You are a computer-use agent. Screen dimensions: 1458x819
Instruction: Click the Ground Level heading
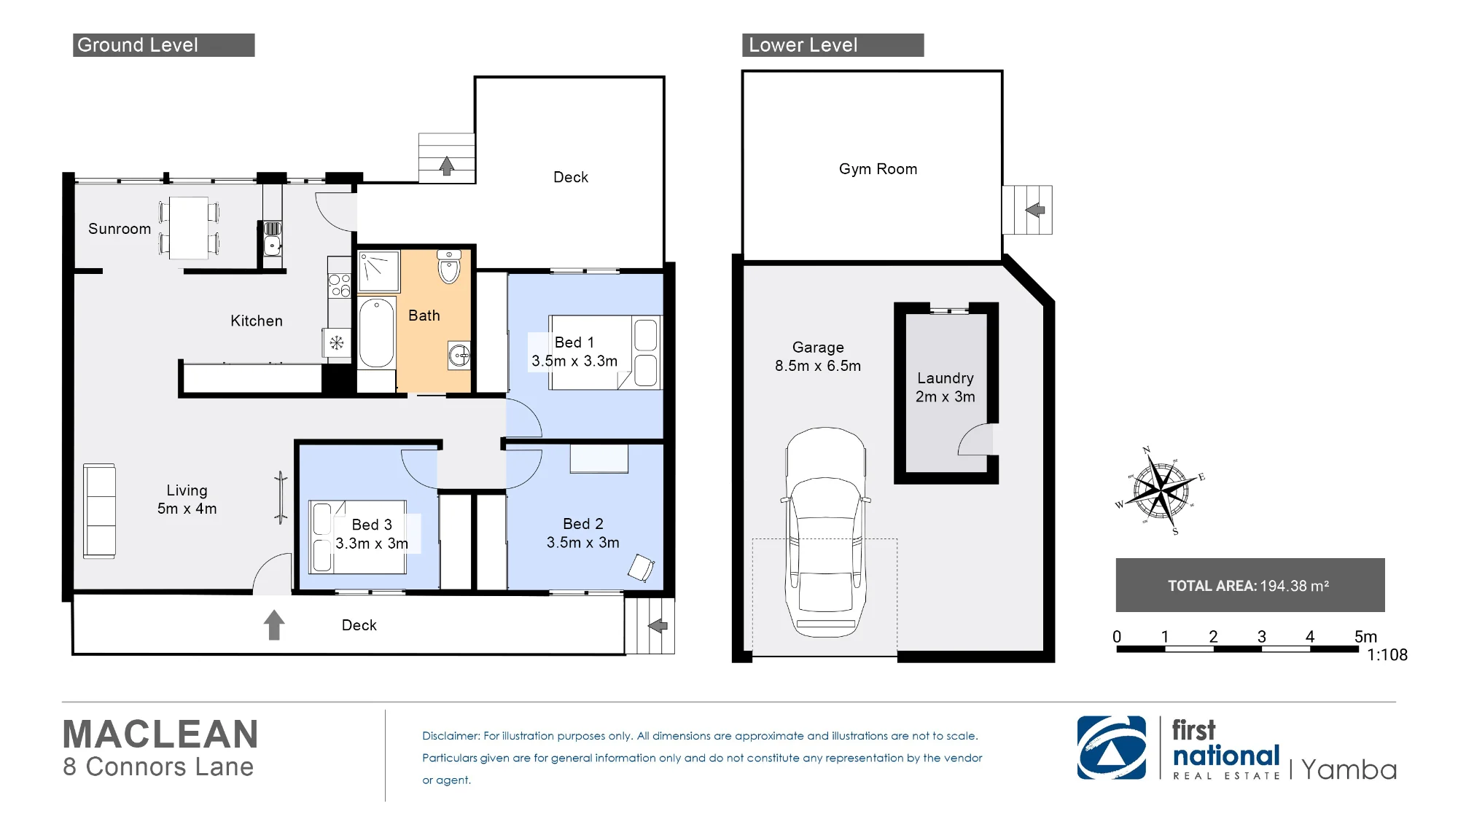coord(138,45)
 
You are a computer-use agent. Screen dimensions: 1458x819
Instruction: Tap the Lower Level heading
coord(803,45)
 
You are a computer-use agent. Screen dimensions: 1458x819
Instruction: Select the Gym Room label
coord(878,169)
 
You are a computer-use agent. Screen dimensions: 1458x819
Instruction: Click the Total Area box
coord(1250,585)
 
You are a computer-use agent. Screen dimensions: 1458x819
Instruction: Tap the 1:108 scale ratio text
coord(1387,655)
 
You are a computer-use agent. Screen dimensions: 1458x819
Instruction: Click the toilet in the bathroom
coord(449,267)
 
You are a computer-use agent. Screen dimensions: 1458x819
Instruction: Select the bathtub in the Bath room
coord(377,332)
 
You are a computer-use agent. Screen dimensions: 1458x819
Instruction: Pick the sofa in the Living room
coord(100,511)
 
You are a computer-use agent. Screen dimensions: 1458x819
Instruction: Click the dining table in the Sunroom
coord(189,227)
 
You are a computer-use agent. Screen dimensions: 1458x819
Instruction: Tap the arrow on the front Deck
coord(274,625)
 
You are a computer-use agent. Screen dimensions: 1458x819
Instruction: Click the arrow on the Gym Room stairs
coord(1035,210)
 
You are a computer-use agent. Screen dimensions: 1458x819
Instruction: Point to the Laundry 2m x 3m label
coord(946,388)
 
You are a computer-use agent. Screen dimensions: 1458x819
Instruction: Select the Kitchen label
coord(257,321)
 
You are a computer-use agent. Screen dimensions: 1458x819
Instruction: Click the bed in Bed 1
coord(605,353)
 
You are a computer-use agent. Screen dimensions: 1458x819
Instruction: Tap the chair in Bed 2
coord(641,568)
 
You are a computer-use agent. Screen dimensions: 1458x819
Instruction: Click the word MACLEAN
coord(160,734)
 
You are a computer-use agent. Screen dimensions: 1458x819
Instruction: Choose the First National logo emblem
coord(1112,748)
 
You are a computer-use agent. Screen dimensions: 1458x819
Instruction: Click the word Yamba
coord(1349,769)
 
